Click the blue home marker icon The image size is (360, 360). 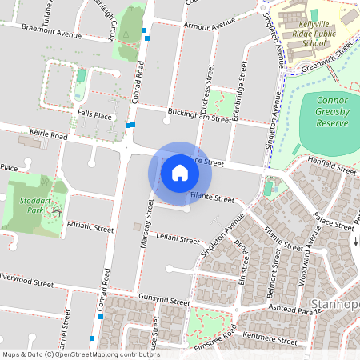180,172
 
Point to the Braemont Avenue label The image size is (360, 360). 52,36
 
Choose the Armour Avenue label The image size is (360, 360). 187,26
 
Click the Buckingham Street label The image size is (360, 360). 199,116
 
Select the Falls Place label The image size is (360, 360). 94,114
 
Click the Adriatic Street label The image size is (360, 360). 92,228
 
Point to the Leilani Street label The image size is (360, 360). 178,238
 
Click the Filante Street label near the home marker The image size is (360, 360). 212,198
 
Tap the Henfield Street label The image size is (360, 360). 334,170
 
